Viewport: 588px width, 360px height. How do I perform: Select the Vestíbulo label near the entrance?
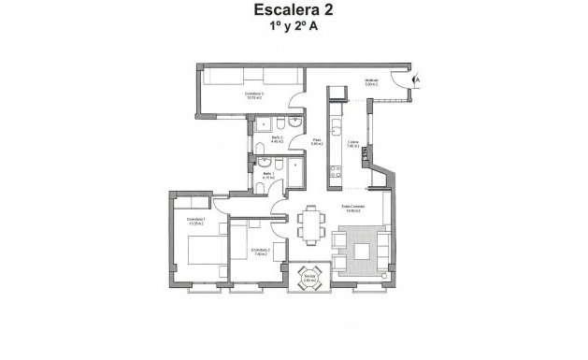(371, 81)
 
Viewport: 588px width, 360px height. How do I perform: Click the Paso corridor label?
(317, 141)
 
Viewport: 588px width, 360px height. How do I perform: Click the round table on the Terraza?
(308, 275)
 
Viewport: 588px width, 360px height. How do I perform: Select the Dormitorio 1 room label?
(196, 223)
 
